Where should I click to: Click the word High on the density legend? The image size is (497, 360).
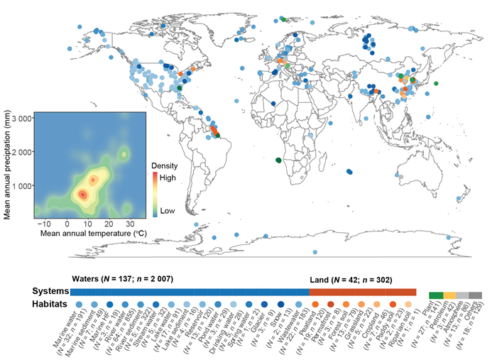click(168, 178)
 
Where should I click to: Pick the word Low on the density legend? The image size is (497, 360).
click(167, 211)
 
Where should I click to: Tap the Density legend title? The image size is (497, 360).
click(165, 165)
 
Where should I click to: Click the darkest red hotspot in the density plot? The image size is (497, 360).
click(82, 193)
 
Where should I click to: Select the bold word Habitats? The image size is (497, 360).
click(50, 304)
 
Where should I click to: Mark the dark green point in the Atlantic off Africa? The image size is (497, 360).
click(278, 160)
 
